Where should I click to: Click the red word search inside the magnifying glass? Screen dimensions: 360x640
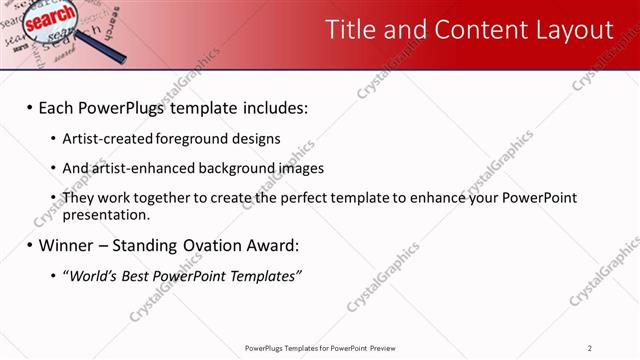(x=47, y=20)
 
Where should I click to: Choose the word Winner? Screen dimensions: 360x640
(x=67, y=245)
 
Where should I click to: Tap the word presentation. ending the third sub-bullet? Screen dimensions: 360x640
(x=106, y=214)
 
